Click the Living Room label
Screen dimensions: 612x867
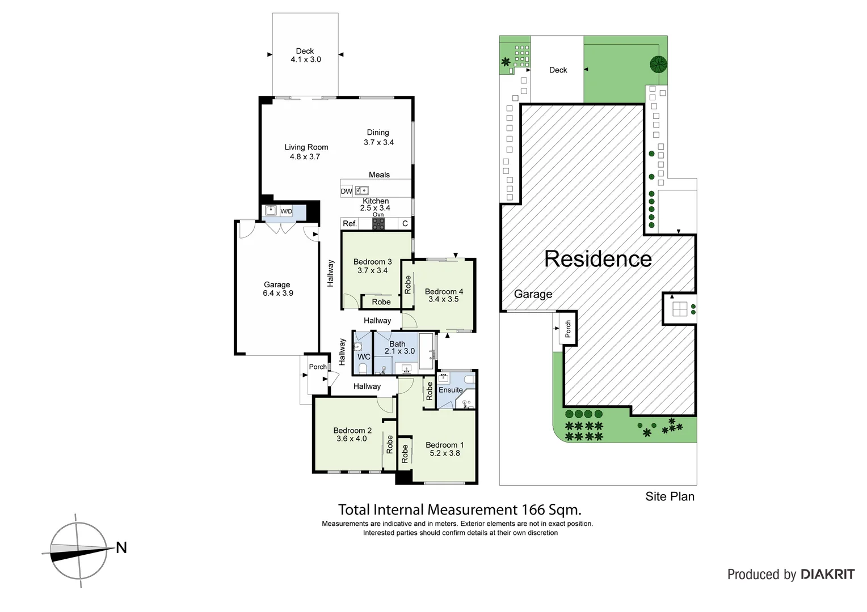click(306, 147)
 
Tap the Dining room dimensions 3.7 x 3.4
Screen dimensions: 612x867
click(378, 143)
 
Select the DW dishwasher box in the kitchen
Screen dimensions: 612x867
click(346, 192)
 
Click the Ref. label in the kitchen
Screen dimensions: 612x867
click(350, 224)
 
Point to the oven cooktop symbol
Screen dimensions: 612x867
click(378, 224)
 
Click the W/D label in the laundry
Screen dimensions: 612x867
click(286, 212)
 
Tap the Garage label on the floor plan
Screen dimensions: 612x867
click(277, 285)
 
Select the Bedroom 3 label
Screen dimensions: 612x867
click(372, 262)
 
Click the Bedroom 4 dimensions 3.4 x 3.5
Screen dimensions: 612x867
click(443, 300)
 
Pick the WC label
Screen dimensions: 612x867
click(364, 357)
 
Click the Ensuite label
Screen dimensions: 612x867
click(451, 390)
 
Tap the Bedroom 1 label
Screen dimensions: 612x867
click(444, 445)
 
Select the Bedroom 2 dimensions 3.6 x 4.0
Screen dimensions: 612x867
click(351, 439)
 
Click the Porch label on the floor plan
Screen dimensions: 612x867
click(318, 367)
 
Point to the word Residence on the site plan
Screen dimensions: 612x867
click(597, 259)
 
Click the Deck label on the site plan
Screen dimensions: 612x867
click(558, 70)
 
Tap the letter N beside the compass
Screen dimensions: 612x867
click(121, 548)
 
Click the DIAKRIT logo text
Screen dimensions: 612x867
click(828, 575)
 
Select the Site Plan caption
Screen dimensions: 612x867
click(670, 497)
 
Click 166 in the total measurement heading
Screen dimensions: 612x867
click(532, 510)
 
